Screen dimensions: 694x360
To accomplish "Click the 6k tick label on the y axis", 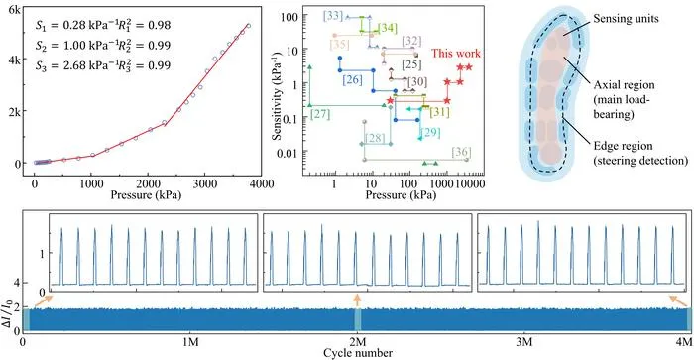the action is pyautogui.click(x=15, y=10).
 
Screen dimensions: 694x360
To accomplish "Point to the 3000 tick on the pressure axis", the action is pyautogui.click(x=204, y=184).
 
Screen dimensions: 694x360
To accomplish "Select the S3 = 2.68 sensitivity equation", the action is pyautogui.click(x=103, y=65).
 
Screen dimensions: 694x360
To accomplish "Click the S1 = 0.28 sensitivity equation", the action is pyautogui.click(x=103, y=25).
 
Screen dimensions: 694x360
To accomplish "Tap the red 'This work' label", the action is pyautogui.click(x=456, y=54).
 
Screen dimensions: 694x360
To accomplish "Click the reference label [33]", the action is pyautogui.click(x=333, y=16).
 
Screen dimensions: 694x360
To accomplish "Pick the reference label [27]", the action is pyautogui.click(x=320, y=114).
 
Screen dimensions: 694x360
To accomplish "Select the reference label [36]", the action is pyautogui.click(x=461, y=152).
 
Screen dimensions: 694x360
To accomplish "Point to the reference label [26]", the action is pyautogui.click(x=352, y=79).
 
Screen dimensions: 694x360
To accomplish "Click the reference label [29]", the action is pyautogui.click(x=430, y=133).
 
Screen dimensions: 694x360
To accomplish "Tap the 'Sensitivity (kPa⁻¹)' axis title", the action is pyautogui.click(x=278, y=98).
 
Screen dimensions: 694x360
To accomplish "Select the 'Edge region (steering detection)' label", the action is pyautogui.click(x=640, y=153).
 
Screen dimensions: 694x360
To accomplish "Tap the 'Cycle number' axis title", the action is pyautogui.click(x=358, y=353).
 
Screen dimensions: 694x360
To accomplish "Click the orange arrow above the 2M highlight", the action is pyautogui.click(x=357, y=300).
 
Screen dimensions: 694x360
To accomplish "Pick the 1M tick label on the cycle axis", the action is pyautogui.click(x=190, y=341).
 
